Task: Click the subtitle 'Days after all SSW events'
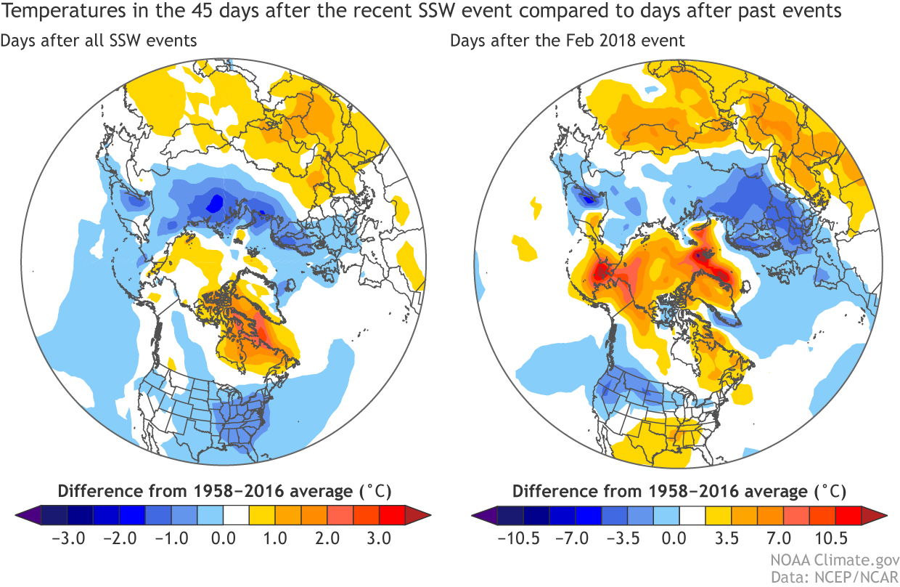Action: click(99, 41)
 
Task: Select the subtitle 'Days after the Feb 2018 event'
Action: click(568, 41)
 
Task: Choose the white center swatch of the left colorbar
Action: click(236, 515)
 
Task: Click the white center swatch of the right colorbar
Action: click(691, 515)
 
